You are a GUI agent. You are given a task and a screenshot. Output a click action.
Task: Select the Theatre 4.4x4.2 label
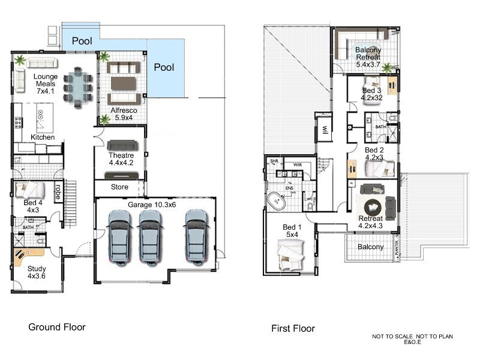coord(121,158)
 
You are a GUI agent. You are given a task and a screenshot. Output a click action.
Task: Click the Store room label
coord(119,187)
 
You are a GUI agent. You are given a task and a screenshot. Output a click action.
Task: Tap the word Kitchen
coord(43,137)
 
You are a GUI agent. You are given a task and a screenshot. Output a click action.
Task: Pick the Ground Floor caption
coord(57,328)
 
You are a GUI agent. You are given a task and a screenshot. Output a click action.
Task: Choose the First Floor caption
coord(292,328)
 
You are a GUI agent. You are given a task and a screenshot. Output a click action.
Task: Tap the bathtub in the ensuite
coord(278,202)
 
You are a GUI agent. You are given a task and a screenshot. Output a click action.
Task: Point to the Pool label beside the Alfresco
coord(164,67)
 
